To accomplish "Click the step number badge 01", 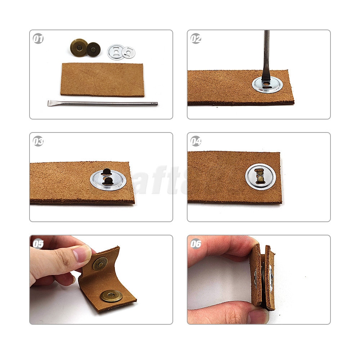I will click(x=38, y=39).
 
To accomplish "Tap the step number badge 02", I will click(x=196, y=39).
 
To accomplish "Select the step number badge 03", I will click(x=38, y=141).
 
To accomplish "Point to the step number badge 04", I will click(x=196, y=141).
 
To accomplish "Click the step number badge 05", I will click(x=38, y=244).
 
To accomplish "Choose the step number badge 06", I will click(x=196, y=244).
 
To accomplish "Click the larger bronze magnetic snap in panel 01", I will click(x=78, y=48).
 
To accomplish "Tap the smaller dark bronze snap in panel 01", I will click(x=93, y=49).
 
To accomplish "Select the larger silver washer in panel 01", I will click(x=116, y=52).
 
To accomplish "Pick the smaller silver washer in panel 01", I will click(x=129, y=53).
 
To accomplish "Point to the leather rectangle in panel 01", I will click(x=103, y=80).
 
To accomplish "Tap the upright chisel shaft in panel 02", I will click(x=266, y=50).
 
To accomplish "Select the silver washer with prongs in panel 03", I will click(x=108, y=179).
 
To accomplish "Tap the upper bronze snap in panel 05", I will click(x=100, y=264).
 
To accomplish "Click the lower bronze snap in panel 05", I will click(x=111, y=296).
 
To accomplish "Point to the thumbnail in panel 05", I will click(x=82, y=254).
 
